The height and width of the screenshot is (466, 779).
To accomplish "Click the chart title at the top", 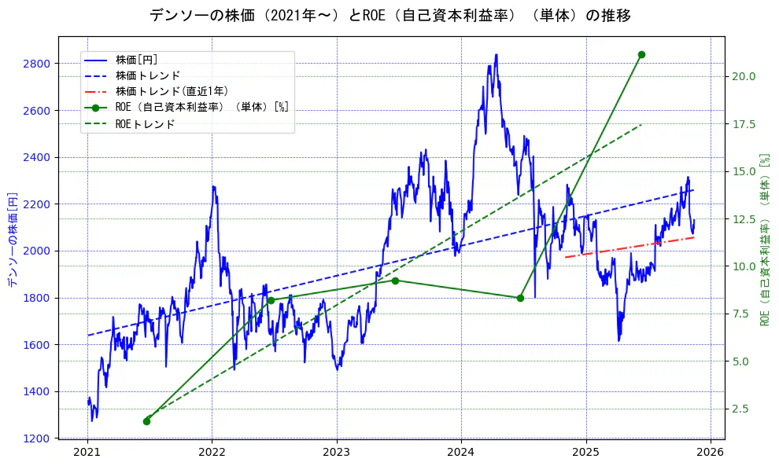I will pos(389,16).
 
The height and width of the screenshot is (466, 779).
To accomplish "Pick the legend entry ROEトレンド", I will pos(145,123).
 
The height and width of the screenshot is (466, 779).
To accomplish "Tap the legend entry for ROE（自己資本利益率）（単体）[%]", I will pos(201,108).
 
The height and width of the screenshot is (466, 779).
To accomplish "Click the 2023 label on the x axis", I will pos(337,453).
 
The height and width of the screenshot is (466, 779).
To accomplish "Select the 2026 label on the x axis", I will pos(711,453).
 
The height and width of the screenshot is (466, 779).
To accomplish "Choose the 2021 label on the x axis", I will pos(87,453).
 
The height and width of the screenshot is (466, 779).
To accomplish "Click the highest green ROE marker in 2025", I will pos(641,54).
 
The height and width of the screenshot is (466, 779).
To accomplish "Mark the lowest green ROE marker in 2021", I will pos(146,421).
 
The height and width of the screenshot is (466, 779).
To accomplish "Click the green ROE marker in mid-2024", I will pos(520,298).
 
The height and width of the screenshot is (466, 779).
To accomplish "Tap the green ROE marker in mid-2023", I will pos(395,281).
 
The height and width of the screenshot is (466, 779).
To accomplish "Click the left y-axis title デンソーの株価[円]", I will pos(12,237).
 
